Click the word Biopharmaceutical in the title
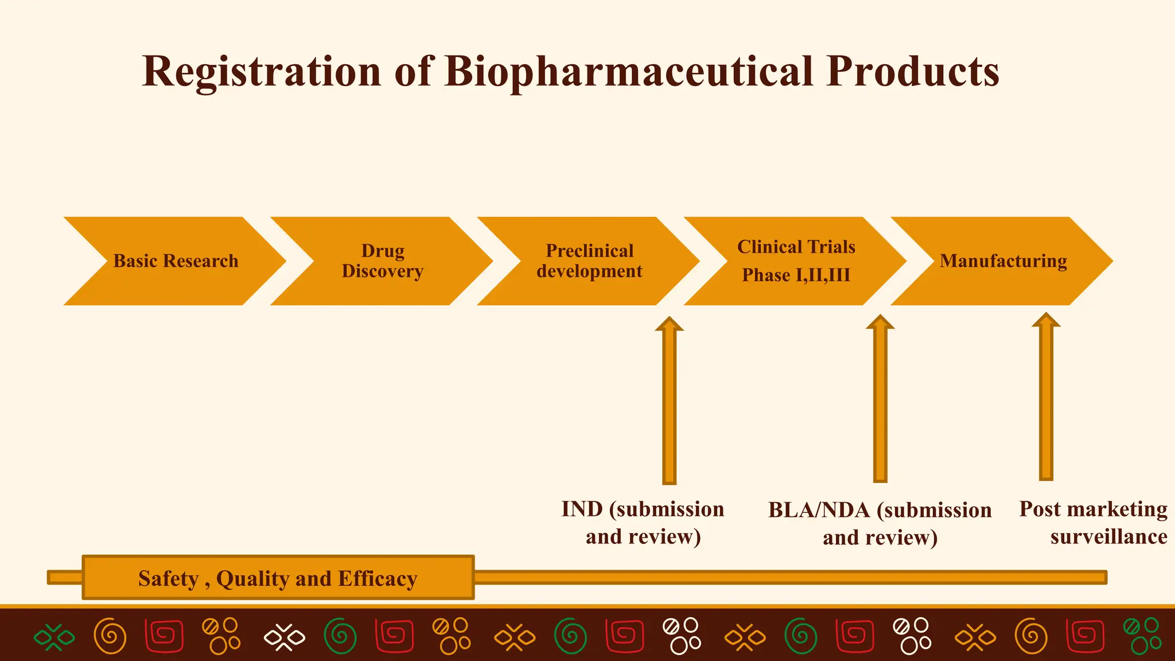628,72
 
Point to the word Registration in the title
261,72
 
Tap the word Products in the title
912,72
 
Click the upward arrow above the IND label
669,402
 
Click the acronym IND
582,510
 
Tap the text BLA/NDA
819,510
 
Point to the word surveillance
1108,537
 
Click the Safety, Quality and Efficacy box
278,578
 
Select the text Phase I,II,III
796,275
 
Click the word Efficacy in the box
377,579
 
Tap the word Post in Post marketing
1040,510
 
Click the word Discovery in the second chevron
382,271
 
